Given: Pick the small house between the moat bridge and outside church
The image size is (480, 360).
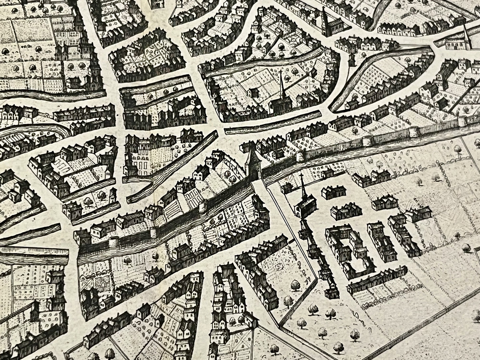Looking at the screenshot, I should (x=285, y=188).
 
